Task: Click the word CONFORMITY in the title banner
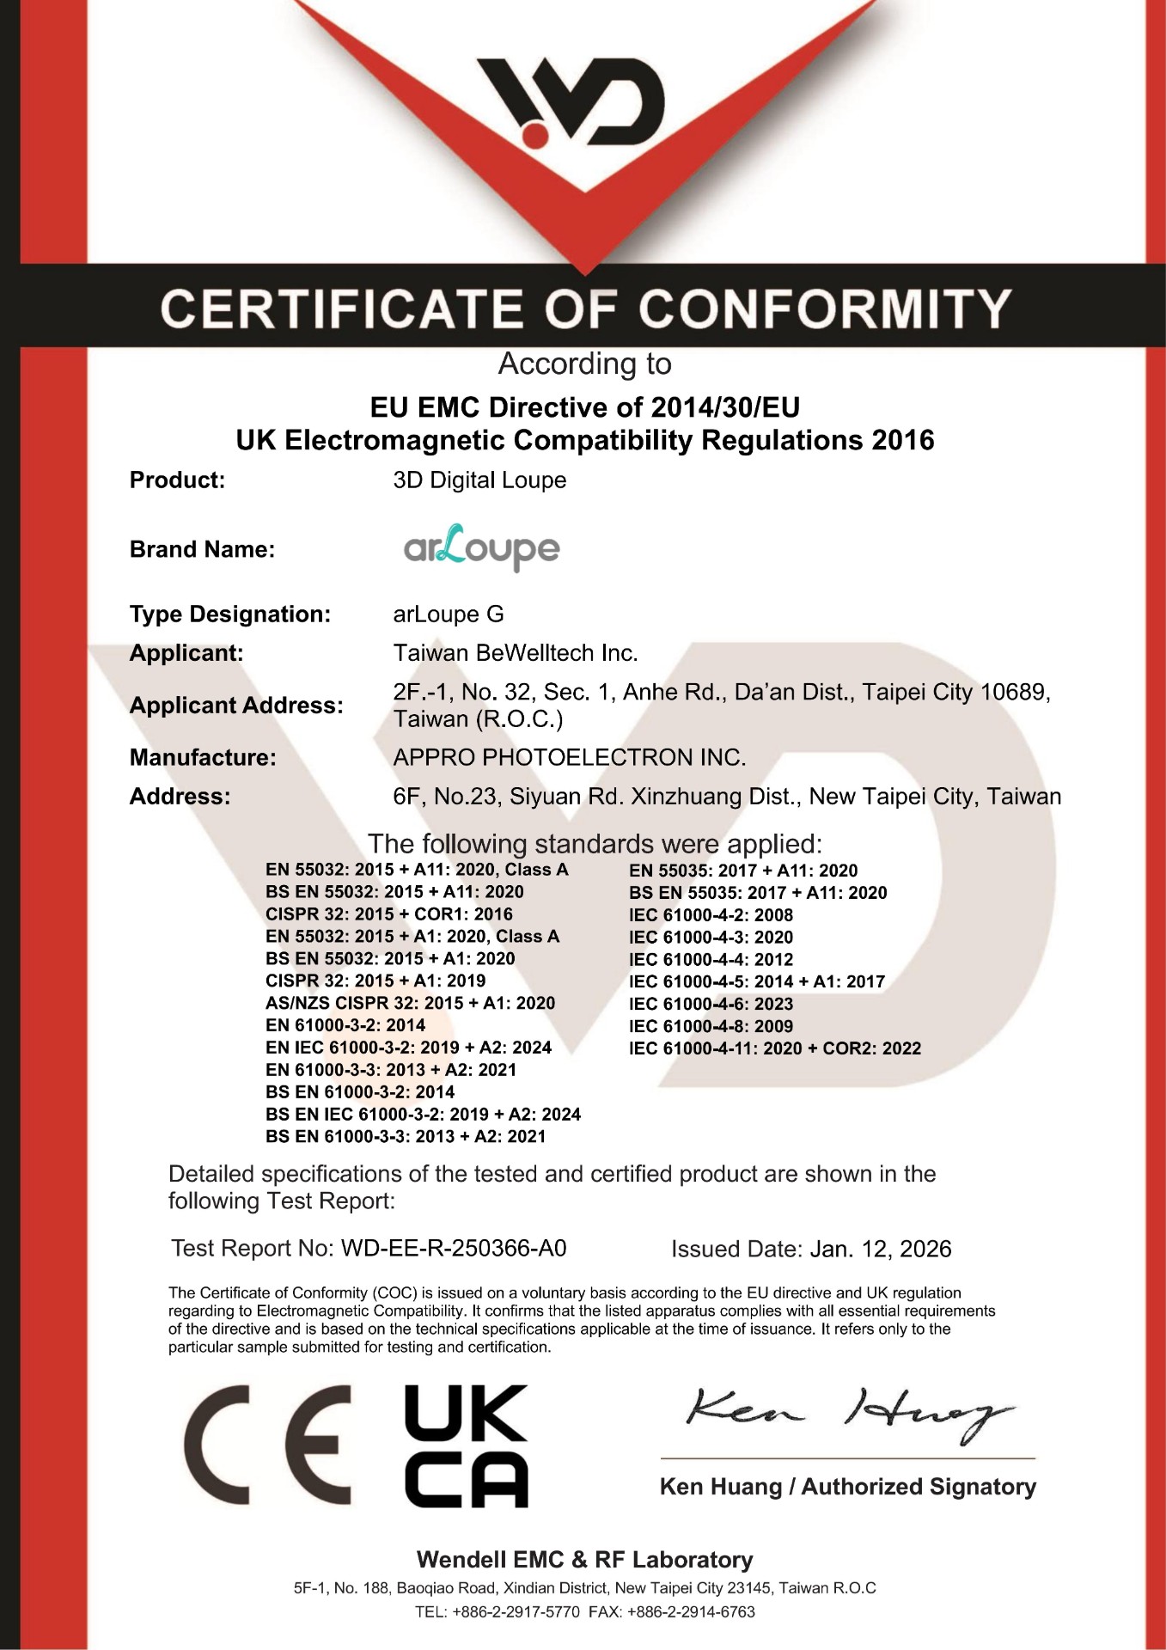(x=824, y=309)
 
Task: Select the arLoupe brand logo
(x=481, y=547)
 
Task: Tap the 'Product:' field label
(x=177, y=480)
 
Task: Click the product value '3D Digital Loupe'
(x=479, y=480)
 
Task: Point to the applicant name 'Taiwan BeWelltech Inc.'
(x=516, y=653)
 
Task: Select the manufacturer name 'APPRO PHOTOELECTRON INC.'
(x=569, y=757)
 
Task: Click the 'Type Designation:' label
(x=229, y=614)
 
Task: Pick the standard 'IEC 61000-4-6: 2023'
(x=711, y=1004)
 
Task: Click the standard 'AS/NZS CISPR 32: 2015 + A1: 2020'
(x=410, y=1003)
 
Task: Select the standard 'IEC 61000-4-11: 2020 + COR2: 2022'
(x=774, y=1048)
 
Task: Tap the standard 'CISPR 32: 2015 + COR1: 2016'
(x=388, y=914)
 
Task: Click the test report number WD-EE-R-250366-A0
(x=454, y=1249)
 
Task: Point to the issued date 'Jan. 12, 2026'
(x=880, y=1250)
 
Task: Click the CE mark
(x=266, y=1445)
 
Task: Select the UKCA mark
(x=466, y=1445)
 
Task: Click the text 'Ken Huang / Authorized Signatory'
(x=847, y=1488)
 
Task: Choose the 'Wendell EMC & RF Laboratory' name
(x=584, y=1560)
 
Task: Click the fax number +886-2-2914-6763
(x=691, y=1612)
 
